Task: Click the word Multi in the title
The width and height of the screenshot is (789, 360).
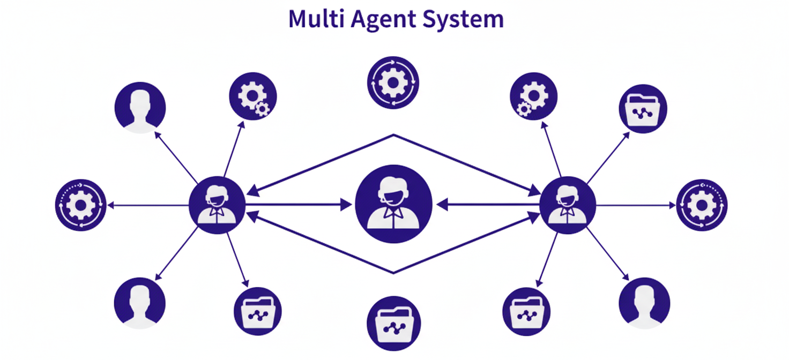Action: [316, 19]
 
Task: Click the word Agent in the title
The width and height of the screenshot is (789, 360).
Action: [383, 20]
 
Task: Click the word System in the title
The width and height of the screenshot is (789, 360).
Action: [463, 20]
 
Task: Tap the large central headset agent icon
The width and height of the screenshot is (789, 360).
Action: [393, 204]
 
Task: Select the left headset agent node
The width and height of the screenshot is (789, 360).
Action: [217, 205]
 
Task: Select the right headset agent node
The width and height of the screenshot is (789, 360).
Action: [568, 205]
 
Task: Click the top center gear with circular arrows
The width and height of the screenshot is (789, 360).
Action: [393, 82]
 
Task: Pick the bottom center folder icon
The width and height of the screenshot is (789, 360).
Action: [393, 324]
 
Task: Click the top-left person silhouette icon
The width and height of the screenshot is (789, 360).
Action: [140, 108]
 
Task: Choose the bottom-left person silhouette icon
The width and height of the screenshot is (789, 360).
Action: [140, 303]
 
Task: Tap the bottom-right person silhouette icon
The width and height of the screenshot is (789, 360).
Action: [644, 303]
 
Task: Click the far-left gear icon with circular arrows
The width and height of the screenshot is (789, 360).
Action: [80, 205]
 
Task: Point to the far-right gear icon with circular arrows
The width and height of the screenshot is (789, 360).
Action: [702, 205]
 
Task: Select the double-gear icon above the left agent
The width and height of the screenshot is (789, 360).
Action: [253, 96]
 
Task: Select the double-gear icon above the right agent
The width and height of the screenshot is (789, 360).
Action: [534, 96]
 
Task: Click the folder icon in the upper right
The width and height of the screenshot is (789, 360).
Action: [643, 109]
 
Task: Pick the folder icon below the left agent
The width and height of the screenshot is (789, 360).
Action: [257, 311]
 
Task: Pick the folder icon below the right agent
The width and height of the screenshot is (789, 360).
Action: [526, 311]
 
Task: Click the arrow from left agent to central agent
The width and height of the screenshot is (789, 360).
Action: [299, 205]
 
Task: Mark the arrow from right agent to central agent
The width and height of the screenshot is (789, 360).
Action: [488, 205]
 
